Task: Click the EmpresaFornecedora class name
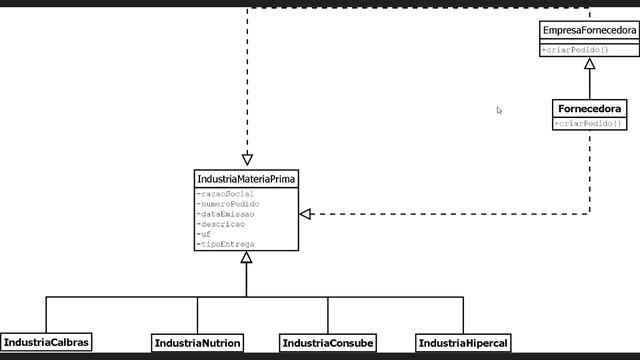pos(589,31)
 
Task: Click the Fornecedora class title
pos(589,108)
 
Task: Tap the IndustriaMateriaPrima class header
pos(246,178)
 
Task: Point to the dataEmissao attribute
pos(227,214)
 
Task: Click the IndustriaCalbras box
pos(46,342)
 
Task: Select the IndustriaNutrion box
pos(197,343)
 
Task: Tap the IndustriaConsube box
pos(328,343)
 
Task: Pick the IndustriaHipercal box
pos(463,343)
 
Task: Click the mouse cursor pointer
pos(499,110)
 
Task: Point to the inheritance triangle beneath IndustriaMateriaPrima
pos(246,258)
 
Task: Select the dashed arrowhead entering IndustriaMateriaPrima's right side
pos(306,214)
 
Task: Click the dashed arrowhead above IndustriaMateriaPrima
pos(247,158)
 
